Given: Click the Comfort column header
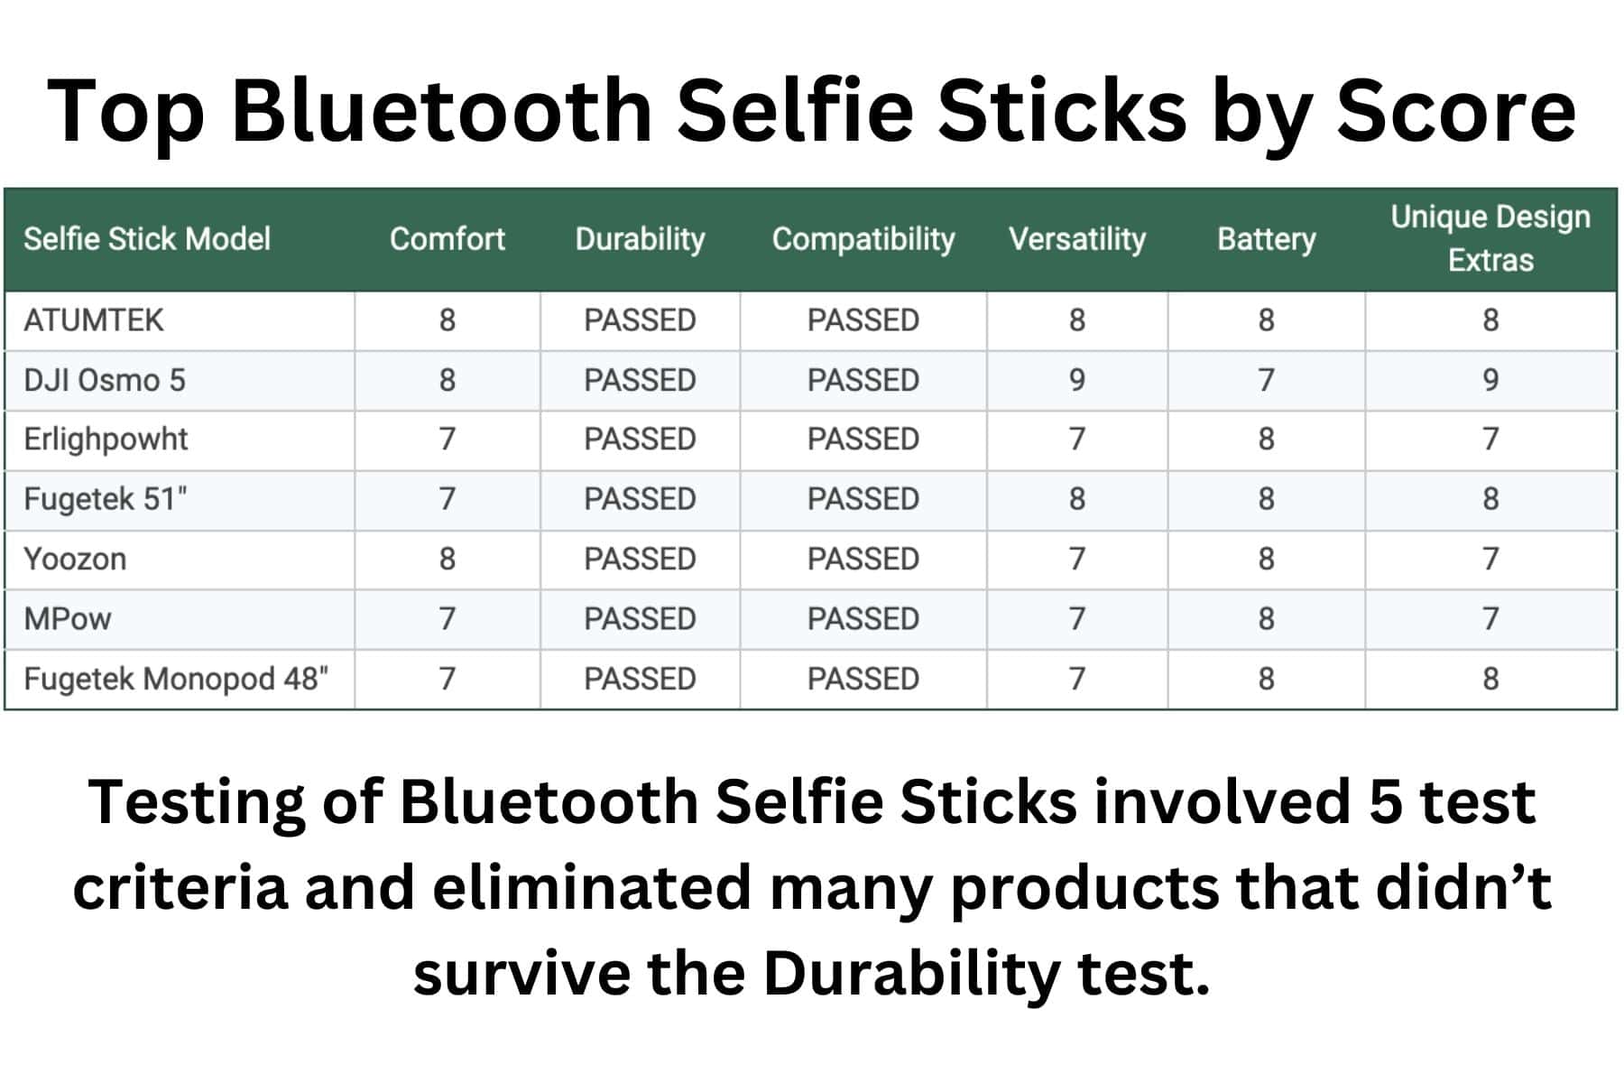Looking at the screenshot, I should pyautogui.click(x=447, y=239).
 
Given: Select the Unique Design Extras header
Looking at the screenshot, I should pyautogui.click(x=1490, y=238).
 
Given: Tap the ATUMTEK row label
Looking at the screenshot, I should pyautogui.click(x=94, y=320).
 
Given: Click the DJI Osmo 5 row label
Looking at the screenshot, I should pyautogui.click(x=105, y=380).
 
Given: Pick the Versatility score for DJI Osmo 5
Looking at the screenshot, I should pyautogui.click(x=1076, y=380).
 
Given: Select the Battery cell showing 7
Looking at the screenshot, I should pyautogui.click(x=1266, y=380).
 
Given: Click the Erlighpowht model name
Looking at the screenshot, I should pyautogui.click(x=106, y=440).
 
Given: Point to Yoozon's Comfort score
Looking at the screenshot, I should pyautogui.click(x=447, y=559).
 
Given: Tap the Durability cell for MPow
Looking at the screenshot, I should pyautogui.click(x=640, y=619).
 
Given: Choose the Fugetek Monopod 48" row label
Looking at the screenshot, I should pyautogui.click(x=176, y=679).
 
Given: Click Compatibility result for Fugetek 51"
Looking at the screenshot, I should pyautogui.click(x=863, y=499).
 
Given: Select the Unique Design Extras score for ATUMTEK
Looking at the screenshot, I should pyautogui.click(x=1490, y=320).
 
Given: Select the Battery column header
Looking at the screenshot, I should pyautogui.click(x=1266, y=239).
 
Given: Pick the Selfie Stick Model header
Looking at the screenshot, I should pyautogui.click(x=147, y=239).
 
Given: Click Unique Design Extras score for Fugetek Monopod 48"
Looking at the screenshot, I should pyautogui.click(x=1490, y=679).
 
